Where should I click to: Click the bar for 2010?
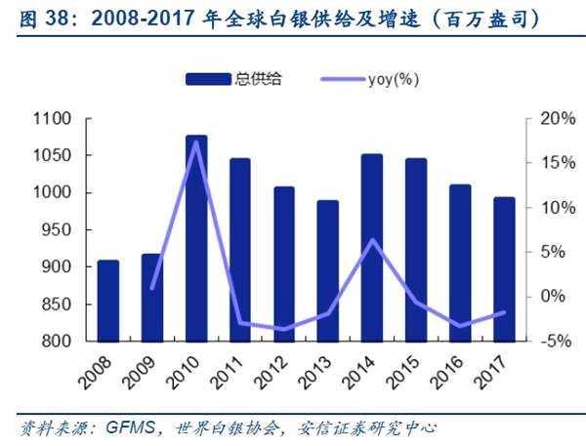point(196,238)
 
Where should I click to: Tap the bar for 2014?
point(371,248)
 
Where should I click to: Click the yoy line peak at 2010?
point(196,142)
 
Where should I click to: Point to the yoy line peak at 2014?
point(372,239)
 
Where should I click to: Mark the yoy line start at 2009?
point(152,289)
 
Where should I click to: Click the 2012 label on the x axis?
point(272,370)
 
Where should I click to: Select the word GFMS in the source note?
point(127,428)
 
